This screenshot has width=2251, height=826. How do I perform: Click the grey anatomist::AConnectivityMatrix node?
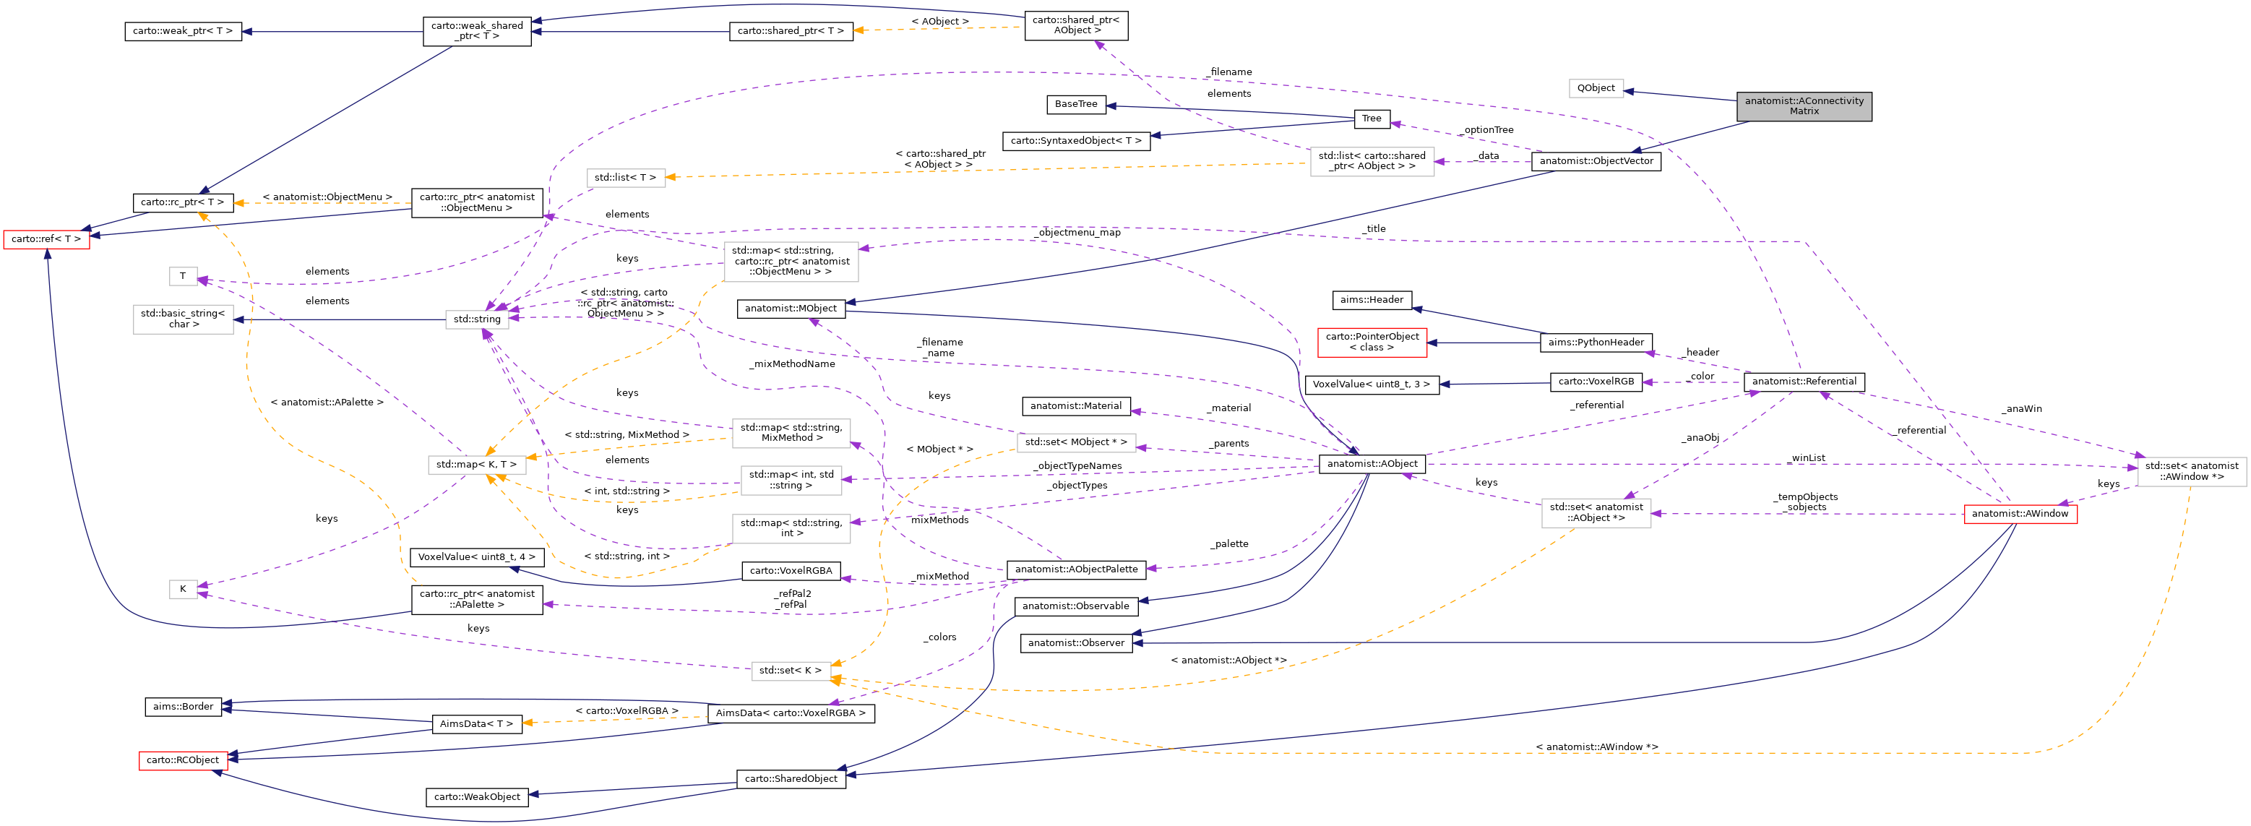pos(1804,106)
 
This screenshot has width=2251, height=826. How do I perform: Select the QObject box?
pos(1596,88)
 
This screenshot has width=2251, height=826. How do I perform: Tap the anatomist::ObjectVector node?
pos(1596,161)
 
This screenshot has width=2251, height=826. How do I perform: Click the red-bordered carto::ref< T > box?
pos(46,238)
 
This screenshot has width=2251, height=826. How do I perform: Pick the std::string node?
pos(477,319)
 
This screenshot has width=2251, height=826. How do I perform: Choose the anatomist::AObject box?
pos(1372,463)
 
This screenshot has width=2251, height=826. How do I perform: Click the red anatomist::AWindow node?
pos(2020,513)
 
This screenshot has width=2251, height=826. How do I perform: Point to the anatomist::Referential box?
pos(1804,381)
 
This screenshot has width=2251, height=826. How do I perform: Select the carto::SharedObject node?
pos(791,778)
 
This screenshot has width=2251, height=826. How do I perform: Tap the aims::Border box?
pos(183,706)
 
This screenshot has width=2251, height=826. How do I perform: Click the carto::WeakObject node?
pos(477,796)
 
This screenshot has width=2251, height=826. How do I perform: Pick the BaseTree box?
pos(1076,104)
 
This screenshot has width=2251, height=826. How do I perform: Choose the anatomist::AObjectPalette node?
pos(1076,569)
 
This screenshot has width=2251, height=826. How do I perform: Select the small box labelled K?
pos(183,588)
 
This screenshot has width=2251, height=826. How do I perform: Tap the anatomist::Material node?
pos(1076,405)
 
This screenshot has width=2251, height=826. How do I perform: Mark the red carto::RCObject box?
pos(183,760)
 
